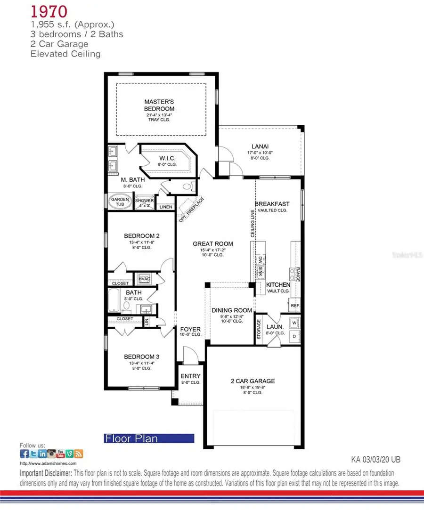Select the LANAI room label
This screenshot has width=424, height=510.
[x=258, y=146]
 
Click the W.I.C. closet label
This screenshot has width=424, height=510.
[x=165, y=158]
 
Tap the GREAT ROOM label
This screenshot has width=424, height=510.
[x=213, y=243]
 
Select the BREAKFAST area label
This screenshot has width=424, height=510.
[x=272, y=204]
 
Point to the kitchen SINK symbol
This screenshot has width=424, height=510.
[x=260, y=271]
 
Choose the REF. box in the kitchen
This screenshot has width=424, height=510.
[x=295, y=306]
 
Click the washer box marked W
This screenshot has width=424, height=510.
[x=294, y=323]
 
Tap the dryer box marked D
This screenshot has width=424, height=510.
[x=294, y=336]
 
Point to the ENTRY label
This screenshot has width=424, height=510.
[x=190, y=376]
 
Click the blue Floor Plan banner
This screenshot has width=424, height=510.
[x=149, y=438]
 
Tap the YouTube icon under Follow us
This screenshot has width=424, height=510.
[x=60, y=454]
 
